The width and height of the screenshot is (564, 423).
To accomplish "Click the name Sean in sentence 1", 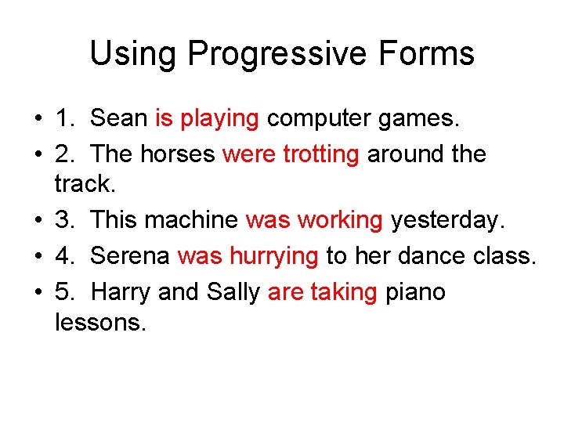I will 119,118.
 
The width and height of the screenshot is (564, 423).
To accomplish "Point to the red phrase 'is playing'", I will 207,119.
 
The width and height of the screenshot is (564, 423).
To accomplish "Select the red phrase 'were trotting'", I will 291,154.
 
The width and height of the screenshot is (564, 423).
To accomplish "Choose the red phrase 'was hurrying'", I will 248,257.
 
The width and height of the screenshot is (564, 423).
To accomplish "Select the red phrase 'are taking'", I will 322,292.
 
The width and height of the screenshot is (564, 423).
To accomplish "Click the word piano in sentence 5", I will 416,292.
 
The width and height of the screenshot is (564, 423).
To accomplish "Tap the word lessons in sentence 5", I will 100,322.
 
